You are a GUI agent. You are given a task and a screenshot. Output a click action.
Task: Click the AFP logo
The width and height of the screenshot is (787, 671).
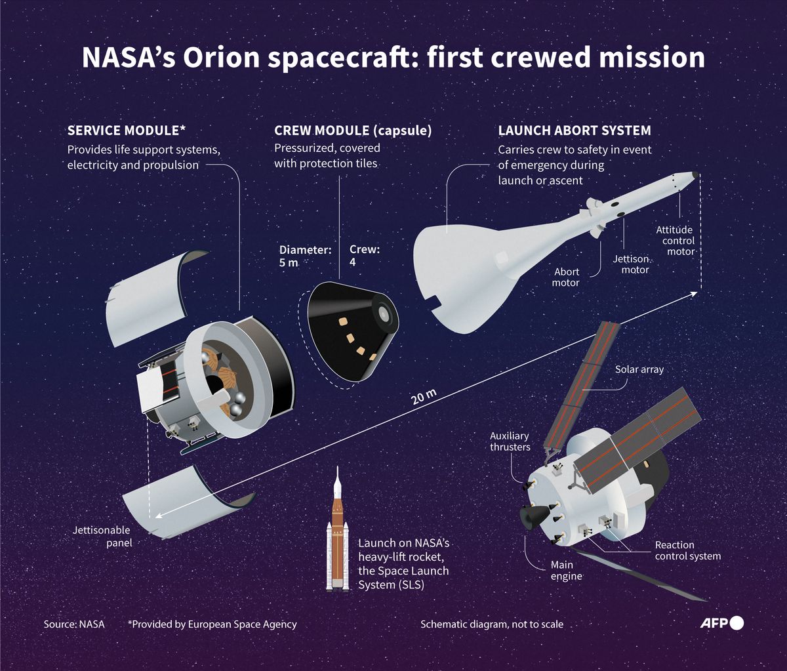[x=727, y=623]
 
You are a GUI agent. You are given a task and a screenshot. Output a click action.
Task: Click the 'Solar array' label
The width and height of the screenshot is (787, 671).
[x=639, y=369]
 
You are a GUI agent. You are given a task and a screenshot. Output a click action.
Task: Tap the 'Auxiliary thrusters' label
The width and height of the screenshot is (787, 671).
[x=510, y=441]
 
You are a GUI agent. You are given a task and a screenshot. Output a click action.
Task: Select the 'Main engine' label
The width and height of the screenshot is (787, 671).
[x=562, y=571]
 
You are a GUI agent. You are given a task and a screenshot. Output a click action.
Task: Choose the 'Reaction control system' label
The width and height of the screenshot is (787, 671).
[x=688, y=550]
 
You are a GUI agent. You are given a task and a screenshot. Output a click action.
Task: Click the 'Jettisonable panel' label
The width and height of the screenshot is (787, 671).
[x=102, y=536]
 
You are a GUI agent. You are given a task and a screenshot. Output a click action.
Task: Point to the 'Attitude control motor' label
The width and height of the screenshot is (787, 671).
[x=675, y=240]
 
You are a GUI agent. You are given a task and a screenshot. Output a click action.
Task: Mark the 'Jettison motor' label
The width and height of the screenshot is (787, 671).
[x=631, y=264]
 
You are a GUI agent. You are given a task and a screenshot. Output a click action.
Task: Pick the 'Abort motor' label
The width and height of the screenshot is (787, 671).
[x=567, y=277]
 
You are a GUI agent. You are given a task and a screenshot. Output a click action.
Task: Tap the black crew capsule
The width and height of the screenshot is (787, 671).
[x=351, y=331]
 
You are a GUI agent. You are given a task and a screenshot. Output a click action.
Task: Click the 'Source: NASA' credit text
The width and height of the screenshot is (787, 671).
[x=74, y=624]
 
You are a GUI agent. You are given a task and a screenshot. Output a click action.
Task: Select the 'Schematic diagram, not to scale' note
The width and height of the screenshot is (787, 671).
[x=492, y=624]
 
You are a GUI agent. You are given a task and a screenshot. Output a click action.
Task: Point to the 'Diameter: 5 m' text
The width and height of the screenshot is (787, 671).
[x=305, y=255]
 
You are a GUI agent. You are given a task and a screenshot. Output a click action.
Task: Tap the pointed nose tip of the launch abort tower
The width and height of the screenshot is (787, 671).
[x=694, y=175]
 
